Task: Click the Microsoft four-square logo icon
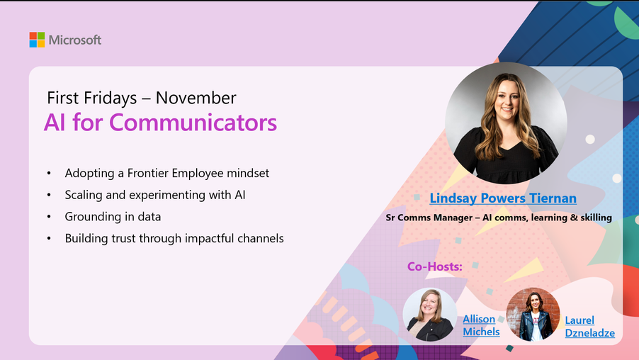[37, 40]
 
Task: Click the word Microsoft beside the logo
[75, 40]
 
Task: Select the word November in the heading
[196, 98]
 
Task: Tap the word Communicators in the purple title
[193, 123]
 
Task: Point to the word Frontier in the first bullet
[147, 173]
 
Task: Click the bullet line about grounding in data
[113, 216]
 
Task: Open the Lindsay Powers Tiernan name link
[503, 198]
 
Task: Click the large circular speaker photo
[506, 123]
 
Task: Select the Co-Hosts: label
[435, 266]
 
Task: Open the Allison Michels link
[481, 325]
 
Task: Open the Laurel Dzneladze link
[589, 327]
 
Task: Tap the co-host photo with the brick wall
[533, 315]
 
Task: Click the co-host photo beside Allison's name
[430, 315]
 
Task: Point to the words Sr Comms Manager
[429, 218]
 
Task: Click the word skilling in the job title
[596, 218]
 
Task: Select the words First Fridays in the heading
[91, 98]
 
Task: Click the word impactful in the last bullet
[210, 239]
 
